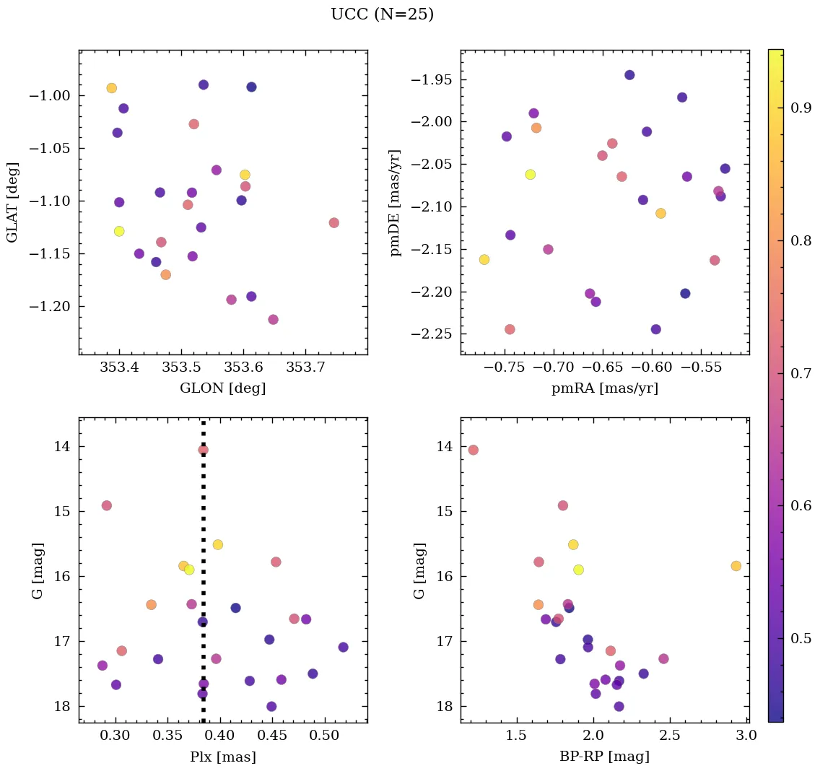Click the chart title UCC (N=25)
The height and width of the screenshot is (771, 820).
(382, 14)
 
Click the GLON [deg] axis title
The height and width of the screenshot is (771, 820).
(222, 388)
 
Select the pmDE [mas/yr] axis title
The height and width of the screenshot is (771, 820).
(395, 202)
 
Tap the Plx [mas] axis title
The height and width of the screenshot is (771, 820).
(222, 757)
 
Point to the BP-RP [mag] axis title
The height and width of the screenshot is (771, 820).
(604, 757)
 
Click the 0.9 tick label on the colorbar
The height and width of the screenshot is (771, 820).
(801, 108)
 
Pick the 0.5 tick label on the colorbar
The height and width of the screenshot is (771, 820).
(801, 638)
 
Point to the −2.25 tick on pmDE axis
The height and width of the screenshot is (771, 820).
(431, 334)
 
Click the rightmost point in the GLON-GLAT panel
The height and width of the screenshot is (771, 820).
(333, 222)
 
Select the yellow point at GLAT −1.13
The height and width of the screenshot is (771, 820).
(119, 231)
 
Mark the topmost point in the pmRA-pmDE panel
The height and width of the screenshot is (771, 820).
(629, 75)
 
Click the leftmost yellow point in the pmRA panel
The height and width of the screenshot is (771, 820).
(484, 259)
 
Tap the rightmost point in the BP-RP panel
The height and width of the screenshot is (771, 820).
(736, 566)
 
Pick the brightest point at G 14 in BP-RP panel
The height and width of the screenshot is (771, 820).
(473, 450)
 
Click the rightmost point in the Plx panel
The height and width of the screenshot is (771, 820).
(343, 647)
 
